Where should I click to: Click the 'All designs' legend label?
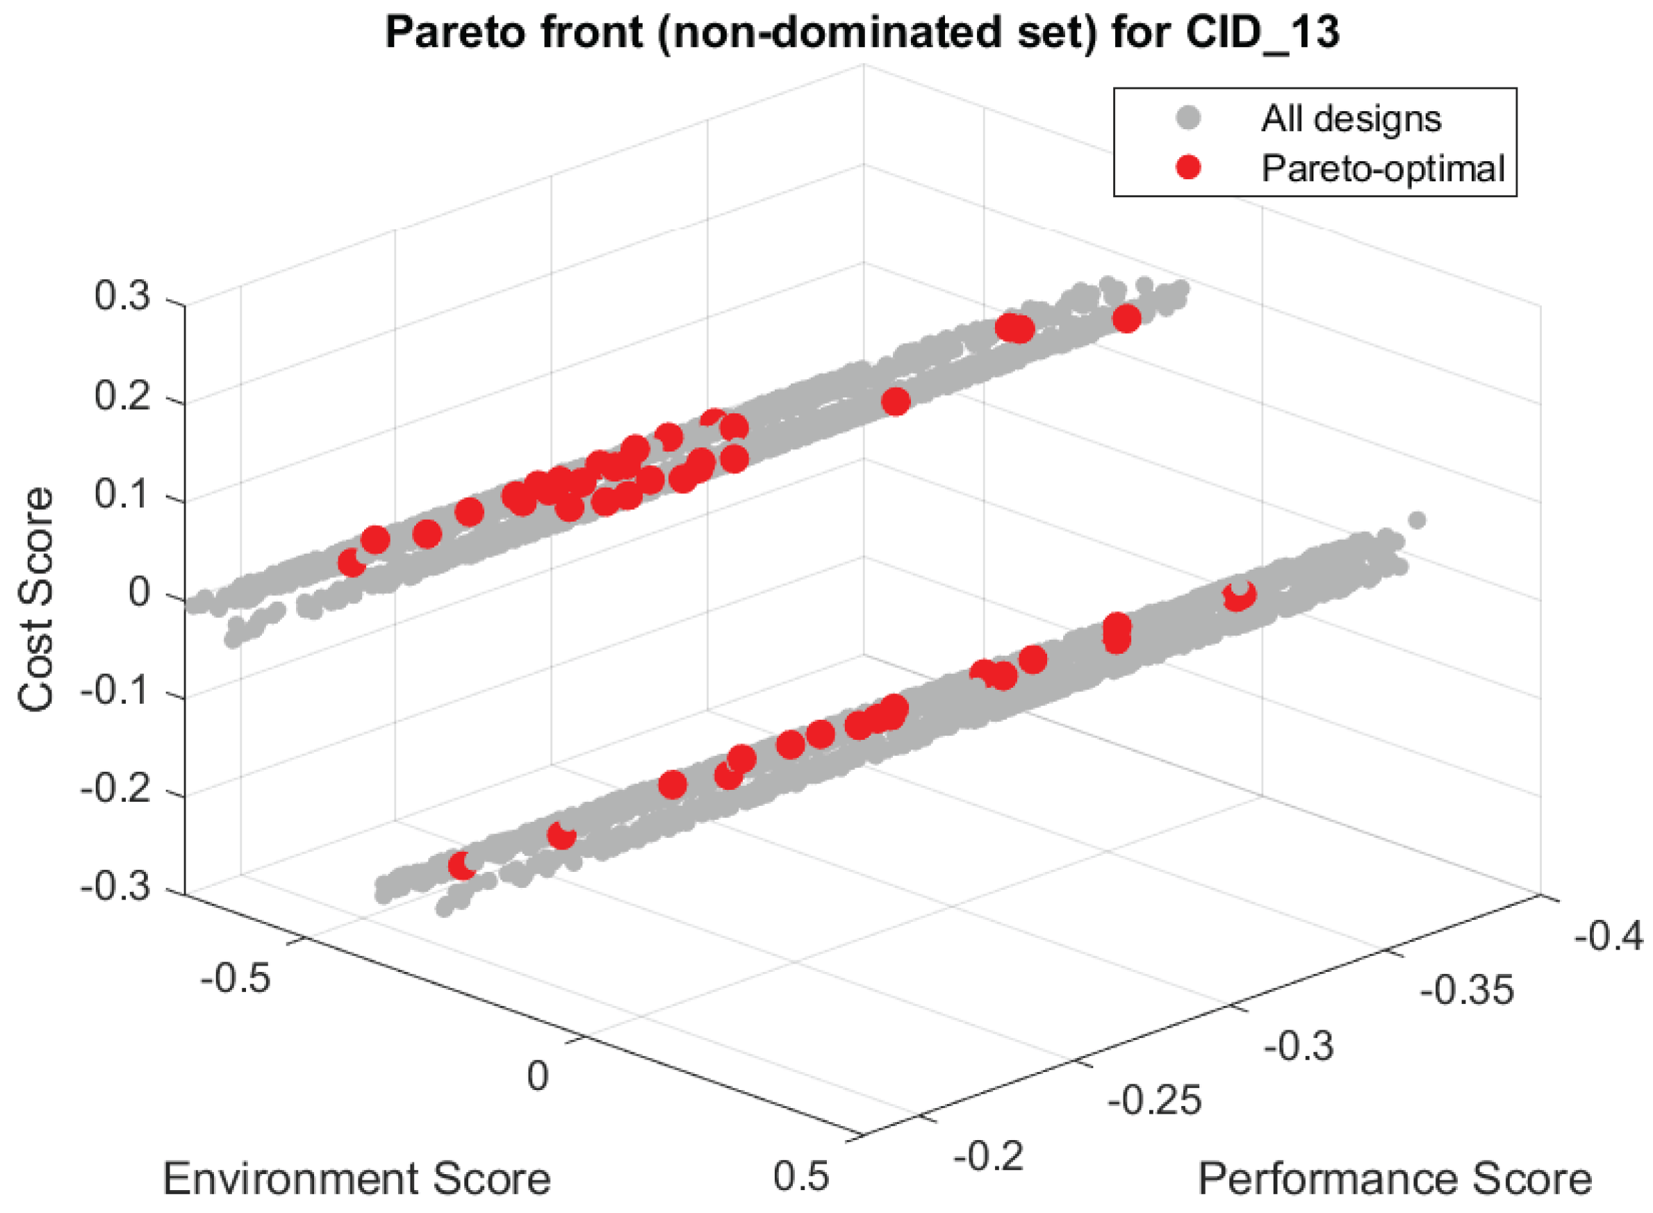[x=1351, y=118]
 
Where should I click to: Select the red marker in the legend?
[x=1187, y=167]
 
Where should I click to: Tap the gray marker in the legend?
[x=1187, y=117]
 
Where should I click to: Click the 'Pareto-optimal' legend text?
[x=1383, y=168]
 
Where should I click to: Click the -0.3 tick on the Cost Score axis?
[x=115, y=887]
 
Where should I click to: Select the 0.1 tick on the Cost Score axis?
[x=122, y=493]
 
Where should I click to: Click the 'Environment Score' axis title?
[x=356, y=1179]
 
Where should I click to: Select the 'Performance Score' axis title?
[x=1395, y=1179]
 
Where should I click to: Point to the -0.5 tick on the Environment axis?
[x=235, y=979]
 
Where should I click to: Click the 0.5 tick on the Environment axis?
[x=800, y=1175]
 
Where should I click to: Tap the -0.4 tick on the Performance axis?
[x=1609, y=936]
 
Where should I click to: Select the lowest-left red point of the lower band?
[x=462, y=866]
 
